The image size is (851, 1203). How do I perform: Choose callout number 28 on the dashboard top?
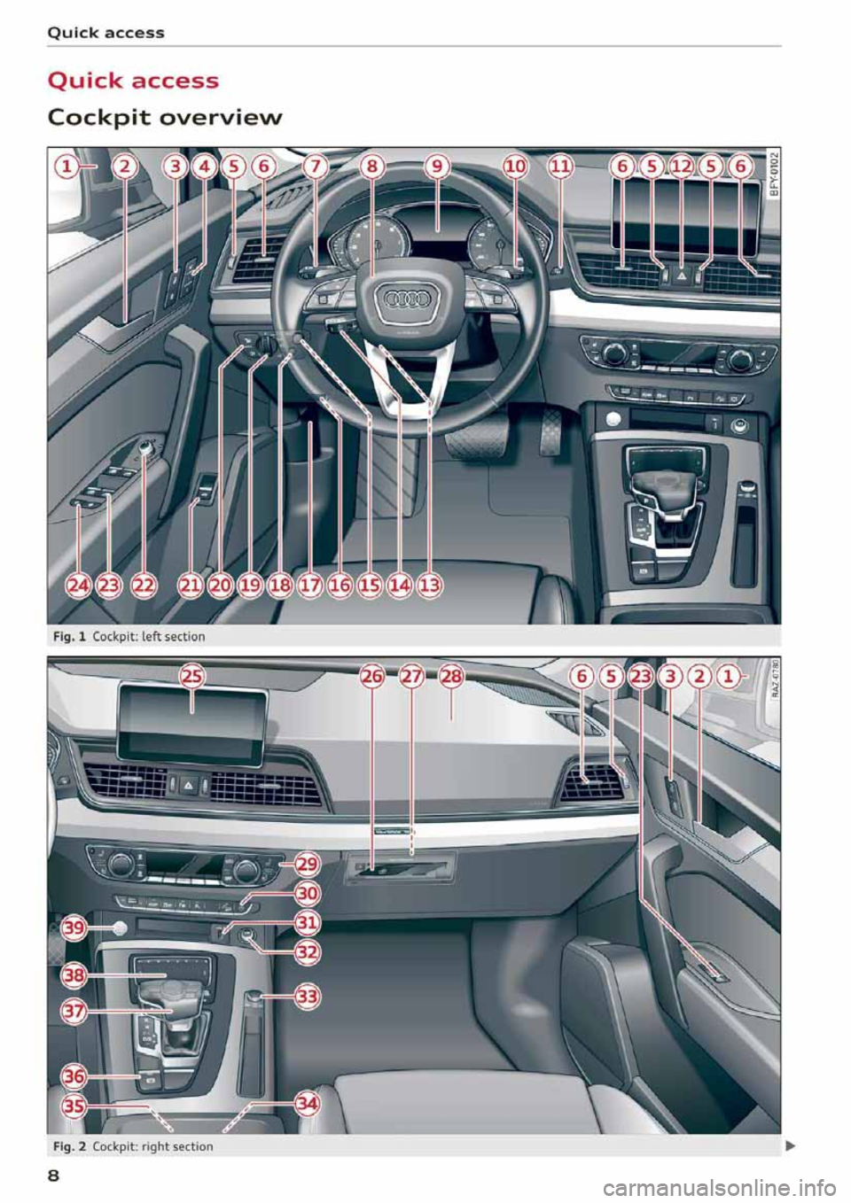(x=451, y=678)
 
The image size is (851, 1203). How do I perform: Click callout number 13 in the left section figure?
(x=430, y=584)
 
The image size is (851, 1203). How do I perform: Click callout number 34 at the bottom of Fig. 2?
(x=307, y=1104)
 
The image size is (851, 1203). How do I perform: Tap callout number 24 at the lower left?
(x=80, y=584)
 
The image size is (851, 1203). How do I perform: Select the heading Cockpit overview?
(x=165, y=117)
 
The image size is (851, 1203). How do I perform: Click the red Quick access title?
(x=133, y=81)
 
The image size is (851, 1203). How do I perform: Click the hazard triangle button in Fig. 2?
(x=189, y=785)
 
